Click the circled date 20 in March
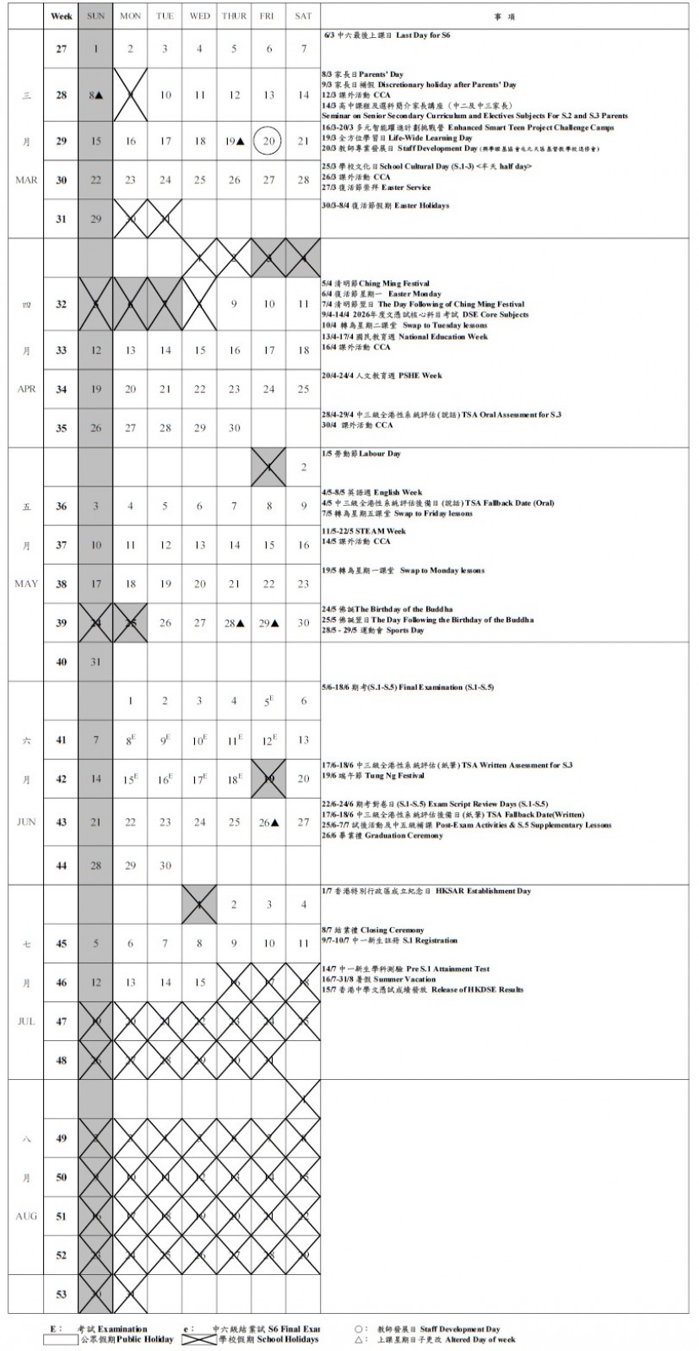(x=268, y=141)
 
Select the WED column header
(x=199, y=16)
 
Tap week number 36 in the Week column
(x=61, y=507)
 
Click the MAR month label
(x=26, y=180)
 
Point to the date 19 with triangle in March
(x=234, y=141)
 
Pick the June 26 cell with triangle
(x=268, y=822)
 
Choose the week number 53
(x=61, y=1294)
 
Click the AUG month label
(x=26, y=1217)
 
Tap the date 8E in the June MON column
(x=131, y=741)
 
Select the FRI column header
(x=268, y=16)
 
